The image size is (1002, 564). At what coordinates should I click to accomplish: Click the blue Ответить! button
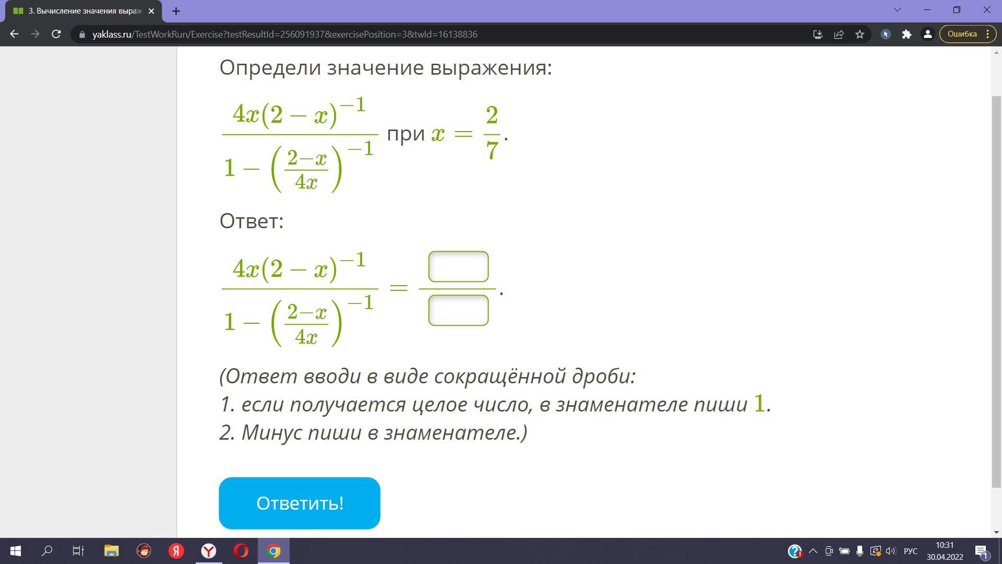[300, 503]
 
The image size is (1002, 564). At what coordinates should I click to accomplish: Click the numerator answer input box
[458, 266]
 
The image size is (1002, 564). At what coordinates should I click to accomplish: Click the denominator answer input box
[458, 310]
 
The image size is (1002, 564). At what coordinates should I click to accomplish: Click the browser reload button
[56, 34]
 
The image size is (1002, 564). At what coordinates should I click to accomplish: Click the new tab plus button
[176, 10]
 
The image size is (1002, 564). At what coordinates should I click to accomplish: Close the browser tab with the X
[151, 10]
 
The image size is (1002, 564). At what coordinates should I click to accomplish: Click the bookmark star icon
[860, 34]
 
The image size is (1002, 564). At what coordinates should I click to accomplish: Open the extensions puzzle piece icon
[906, 34]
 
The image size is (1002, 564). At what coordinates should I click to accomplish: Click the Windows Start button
[16, 551]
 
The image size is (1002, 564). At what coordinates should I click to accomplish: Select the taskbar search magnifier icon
[47, 551]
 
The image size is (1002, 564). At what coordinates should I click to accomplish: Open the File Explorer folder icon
[111, 551]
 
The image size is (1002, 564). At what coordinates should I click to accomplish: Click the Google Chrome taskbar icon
[273, 551]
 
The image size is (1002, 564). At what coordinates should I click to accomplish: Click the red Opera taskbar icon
[241, 551]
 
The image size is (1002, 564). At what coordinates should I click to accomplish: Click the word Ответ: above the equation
[252, 221]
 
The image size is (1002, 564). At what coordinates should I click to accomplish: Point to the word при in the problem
[406, 134]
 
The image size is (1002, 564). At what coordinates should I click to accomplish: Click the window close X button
[987, 10]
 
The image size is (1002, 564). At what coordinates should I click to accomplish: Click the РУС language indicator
[911, 551]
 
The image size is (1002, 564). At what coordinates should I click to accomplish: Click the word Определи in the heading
[270, 68]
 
